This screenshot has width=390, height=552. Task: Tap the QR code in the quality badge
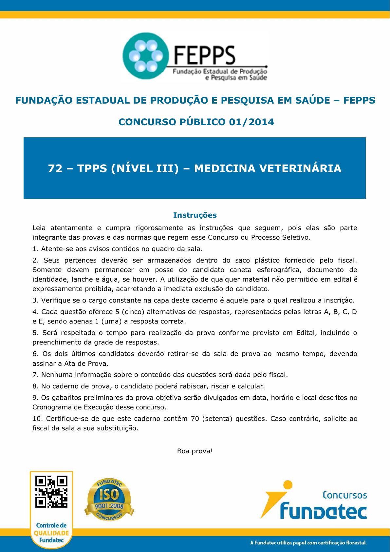(x=51, y=491)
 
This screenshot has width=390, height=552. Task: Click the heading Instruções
(x=195, y=215)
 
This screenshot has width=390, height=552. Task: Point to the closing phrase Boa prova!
(x=195, y=451)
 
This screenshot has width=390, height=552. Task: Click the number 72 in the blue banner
(x=55, y=168)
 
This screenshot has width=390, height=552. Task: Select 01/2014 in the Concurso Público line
(x=251, y=122)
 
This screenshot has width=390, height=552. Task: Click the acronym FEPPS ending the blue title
(x=359, y=100)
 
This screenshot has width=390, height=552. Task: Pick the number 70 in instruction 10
(x=195, y=419)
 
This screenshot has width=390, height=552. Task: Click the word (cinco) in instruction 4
(x=131, y=312)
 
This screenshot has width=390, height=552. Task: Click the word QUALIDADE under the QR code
(x=51, y=533)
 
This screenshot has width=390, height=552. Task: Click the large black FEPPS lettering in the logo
(x=204, y=55)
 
